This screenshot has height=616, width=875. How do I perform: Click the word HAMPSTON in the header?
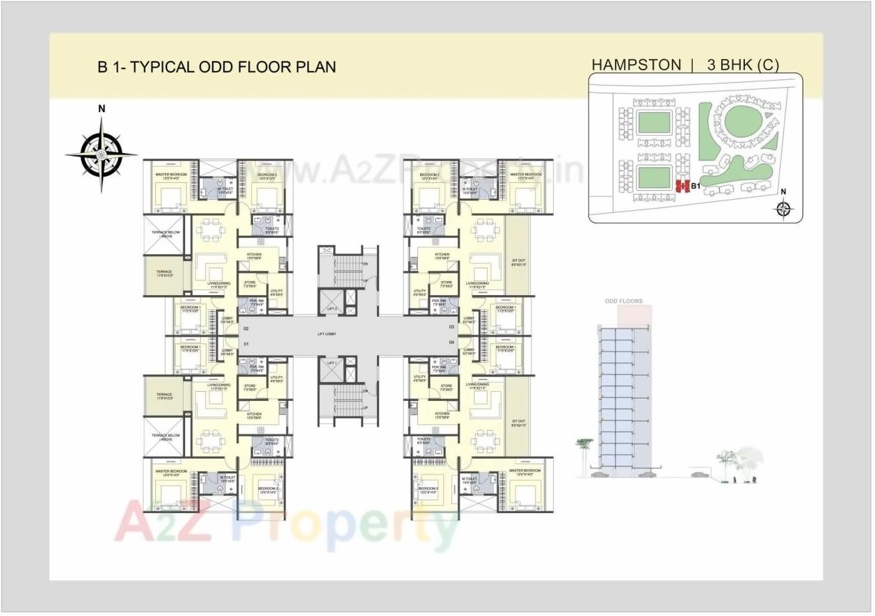tap(636, 65)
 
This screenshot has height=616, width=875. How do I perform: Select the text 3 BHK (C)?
tap(742, 65)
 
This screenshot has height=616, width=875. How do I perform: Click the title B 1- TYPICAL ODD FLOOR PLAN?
tap(216, 67)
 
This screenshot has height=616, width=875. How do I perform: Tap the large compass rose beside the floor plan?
tap(102, 153)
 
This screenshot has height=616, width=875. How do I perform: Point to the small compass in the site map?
tap(784, 208)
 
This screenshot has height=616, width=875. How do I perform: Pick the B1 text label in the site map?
tap(694, 186)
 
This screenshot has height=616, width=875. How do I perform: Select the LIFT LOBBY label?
tap(326, 335)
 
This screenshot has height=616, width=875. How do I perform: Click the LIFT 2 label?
tap(332, 308)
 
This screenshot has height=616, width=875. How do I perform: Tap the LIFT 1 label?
tap(332, 363)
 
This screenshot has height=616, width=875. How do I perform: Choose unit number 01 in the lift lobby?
tap(246, 344)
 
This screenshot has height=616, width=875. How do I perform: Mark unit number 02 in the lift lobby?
tap(246, 327)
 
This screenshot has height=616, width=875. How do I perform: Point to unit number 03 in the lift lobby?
tap(451, 326)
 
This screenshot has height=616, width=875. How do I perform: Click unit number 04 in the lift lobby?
tap(451, 342)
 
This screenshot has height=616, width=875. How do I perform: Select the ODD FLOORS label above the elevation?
tap(623, 301)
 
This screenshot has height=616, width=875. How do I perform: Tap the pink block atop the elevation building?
tap(634, 315)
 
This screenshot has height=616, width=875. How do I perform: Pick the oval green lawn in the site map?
tap(741, 124)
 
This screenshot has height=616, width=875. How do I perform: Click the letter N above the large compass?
tap(102, 109)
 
